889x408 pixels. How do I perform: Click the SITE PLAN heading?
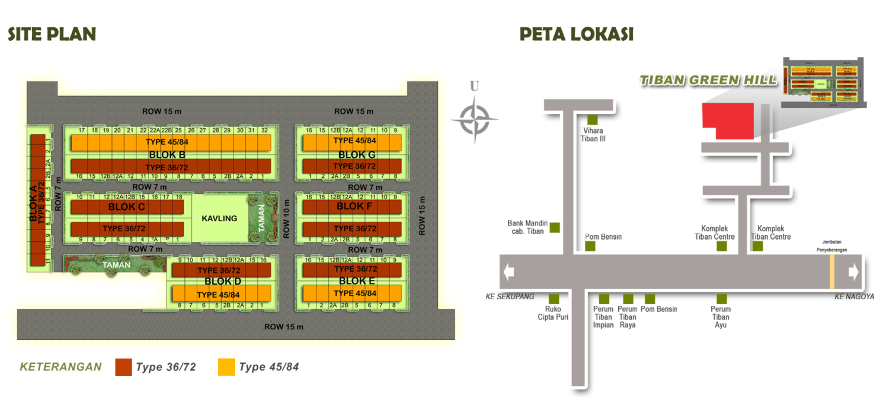(52, 34)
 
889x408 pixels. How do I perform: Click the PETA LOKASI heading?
(576, 34)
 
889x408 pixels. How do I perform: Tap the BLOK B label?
(171, 155)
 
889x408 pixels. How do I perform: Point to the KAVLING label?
(219, 218)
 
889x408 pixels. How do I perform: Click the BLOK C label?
(127, 207)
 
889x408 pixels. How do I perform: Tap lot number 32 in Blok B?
(264, 130)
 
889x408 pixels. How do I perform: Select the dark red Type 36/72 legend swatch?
(123, 367)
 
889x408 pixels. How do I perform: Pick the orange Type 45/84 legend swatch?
(226, 367)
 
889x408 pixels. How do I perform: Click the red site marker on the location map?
(727, 120)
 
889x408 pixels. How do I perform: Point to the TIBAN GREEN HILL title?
(707, 80)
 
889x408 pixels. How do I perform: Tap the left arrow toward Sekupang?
(508, 272)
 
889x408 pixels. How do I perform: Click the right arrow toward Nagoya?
(853, 272)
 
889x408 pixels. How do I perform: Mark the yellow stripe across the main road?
(832, 272)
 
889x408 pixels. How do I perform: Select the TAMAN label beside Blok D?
(116, 265)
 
